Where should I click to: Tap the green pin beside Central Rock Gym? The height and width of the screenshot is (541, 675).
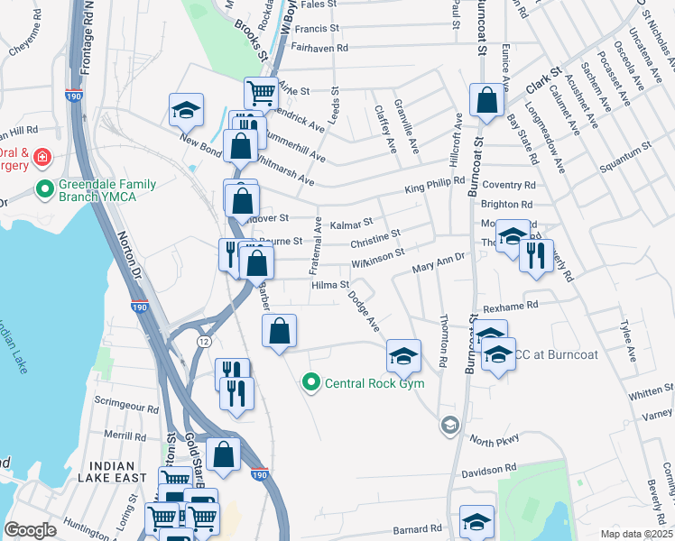click(x=312, y=383)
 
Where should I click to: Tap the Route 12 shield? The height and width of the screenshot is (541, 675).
click(x=205, y=339)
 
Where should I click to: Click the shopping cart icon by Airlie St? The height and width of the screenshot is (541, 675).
click(x=261, y=92)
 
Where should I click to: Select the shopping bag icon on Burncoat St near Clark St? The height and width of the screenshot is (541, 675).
click(x=486, y=101)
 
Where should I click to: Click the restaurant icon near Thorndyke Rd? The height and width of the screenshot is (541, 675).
click(x=536, y=256)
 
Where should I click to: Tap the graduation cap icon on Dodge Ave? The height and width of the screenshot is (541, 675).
click(x=403, y=355)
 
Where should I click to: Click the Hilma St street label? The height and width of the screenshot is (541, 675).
click(x=330, y=285)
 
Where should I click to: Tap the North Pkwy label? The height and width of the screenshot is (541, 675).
click(x=495, y=441)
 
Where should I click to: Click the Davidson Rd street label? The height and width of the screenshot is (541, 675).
click(x=489, y=469)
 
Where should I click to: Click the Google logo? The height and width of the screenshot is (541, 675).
click(x=30, y=529)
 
